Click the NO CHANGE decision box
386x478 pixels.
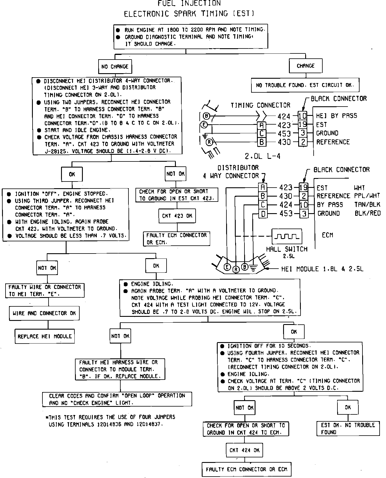pos(115,67)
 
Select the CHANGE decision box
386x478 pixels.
pos(305,66)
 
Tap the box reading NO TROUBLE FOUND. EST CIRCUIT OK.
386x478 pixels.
pos(305,85)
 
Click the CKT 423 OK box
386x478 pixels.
pos(177,216)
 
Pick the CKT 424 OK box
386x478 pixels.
pos(244,450)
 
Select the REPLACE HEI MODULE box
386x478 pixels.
pos(44,336)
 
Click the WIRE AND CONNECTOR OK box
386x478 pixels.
pos(44,313)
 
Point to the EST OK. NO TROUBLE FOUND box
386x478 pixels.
pos(348,428)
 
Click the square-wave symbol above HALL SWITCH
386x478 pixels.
pos(287,236)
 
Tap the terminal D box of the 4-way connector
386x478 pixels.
pos(263,214)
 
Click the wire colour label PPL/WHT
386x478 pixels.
pos(367,196)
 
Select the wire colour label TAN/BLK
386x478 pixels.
pos(367,205)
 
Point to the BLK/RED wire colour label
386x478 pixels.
pos(367,213)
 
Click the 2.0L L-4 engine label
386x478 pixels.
pos(262,156)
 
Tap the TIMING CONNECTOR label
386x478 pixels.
pos(260,105)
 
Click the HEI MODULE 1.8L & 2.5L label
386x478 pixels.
pos(322,269)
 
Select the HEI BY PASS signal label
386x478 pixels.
pos(336,116)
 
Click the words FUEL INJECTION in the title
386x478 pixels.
pos(189,3)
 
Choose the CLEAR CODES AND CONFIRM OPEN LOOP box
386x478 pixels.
pos(117,399)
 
